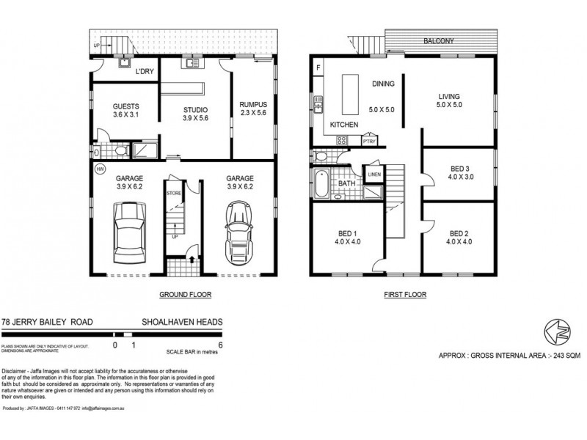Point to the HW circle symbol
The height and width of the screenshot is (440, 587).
point(100,169)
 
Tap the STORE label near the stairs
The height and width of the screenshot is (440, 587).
point(173,194)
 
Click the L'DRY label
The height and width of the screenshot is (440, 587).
point(143,73)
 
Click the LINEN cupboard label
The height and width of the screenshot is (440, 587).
point(374,175)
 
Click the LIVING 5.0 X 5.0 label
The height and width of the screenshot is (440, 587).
point(450,100)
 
